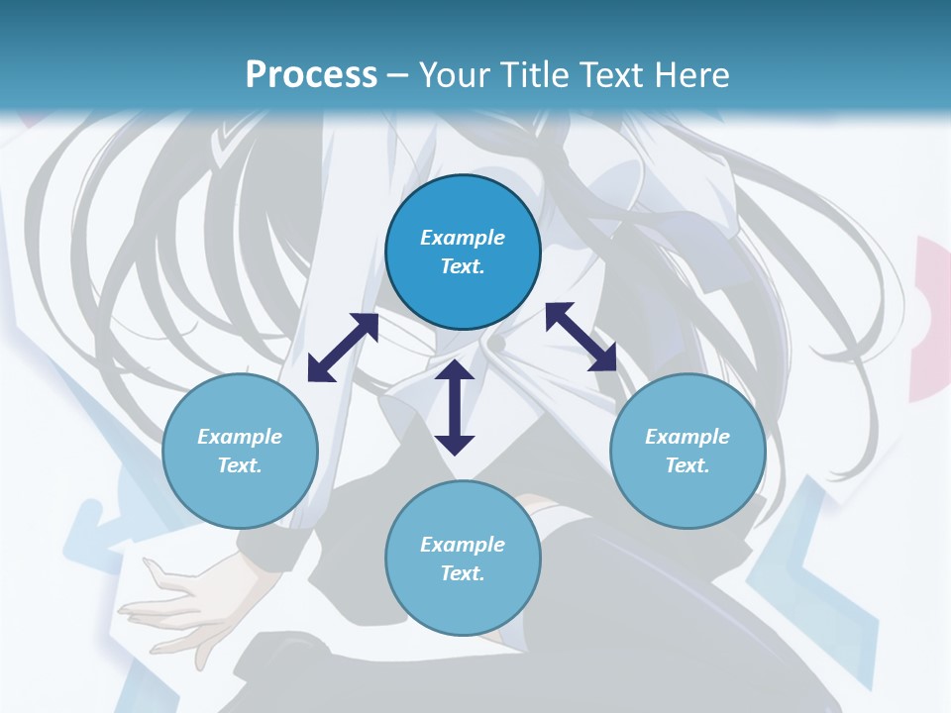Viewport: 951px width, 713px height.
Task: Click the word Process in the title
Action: point(311,75)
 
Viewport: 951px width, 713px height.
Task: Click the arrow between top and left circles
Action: point(343,348)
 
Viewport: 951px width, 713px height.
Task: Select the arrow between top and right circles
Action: point(581,337)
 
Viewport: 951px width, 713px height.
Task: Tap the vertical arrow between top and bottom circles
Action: point(455,407)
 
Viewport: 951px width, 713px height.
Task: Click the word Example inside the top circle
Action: point(463,238)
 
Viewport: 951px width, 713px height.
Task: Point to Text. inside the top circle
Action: point(463,266)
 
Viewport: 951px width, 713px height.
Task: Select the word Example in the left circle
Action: point(240,437)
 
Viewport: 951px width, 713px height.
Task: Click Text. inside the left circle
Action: point(240,465)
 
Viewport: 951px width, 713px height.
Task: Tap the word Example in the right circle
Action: point(687,437)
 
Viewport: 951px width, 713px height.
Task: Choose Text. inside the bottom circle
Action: point(463,573)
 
